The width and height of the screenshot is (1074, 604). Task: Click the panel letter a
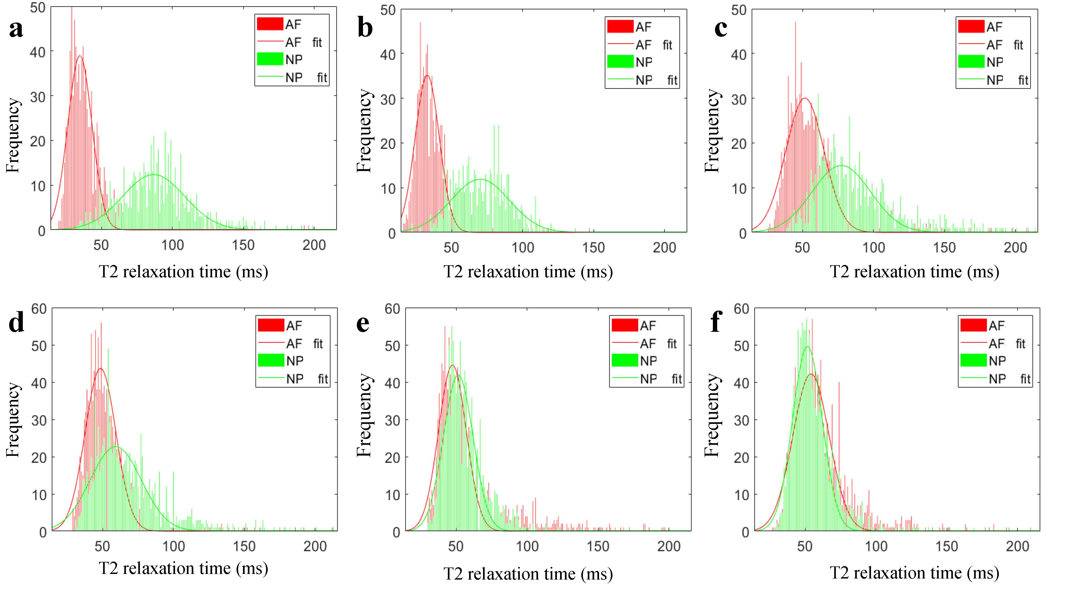click(16, 29)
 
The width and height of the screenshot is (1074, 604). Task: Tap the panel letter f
click(716, 322)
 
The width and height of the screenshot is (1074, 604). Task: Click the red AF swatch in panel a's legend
click(270, 24)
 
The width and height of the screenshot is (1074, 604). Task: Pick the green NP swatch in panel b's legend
click(620, 62)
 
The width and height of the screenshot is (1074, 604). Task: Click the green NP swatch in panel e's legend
click(624, 361)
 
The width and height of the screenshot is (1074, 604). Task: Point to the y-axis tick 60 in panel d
click(39, 309)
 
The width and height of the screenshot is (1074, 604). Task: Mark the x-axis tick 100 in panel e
click(527, 547)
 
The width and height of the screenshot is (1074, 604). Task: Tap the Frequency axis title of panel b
click(364, 130)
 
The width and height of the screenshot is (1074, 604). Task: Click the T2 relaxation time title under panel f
click(914, 573)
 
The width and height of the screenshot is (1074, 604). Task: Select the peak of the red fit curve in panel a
click(80, 56)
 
